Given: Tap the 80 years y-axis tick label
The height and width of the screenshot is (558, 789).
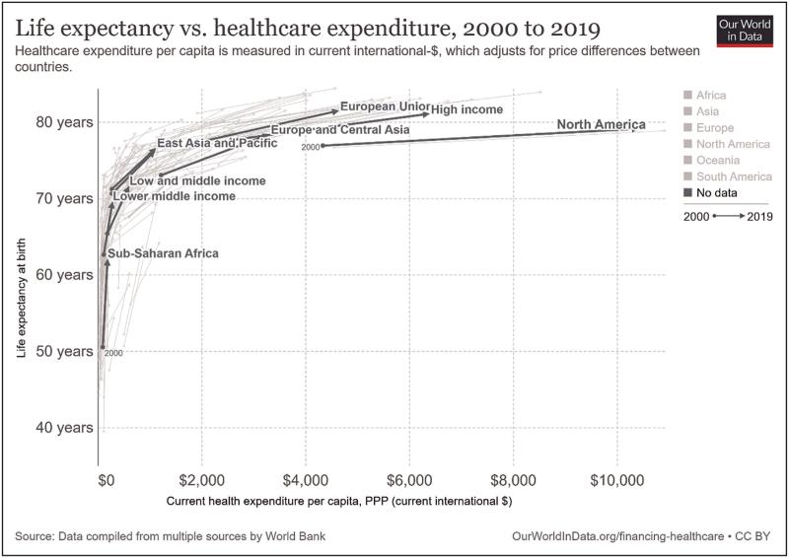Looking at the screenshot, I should point(66,122).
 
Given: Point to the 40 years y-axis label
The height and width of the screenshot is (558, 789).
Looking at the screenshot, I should point(66,428).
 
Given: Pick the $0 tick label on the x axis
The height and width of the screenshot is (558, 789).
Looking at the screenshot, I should point(108,480).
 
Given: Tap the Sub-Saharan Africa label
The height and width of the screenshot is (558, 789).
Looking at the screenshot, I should point(163,254).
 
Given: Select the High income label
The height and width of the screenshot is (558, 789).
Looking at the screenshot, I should point(467,109).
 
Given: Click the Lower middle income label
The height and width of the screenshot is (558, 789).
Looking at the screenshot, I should point(175,197).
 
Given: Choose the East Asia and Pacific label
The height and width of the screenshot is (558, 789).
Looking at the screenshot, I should point(210,144).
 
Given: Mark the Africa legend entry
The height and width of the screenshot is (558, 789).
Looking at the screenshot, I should point(703,96).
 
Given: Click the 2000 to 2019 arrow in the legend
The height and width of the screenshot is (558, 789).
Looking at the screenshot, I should point(726,216).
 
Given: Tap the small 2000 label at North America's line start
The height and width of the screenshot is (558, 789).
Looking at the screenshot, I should point(311,147).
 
